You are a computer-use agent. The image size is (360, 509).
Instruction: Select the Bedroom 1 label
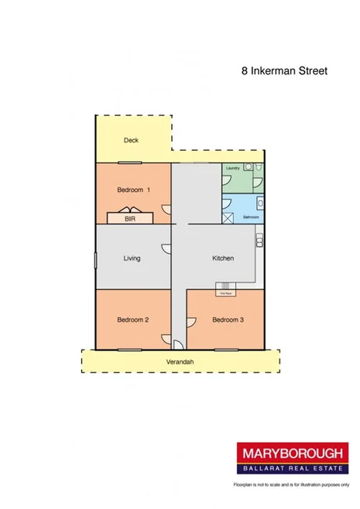click(133, 190)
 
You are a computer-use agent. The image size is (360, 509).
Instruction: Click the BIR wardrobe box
click(129, 218)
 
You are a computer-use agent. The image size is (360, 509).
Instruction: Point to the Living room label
click(132, 258)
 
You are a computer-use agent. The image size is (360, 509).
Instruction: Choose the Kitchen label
click(223, 258)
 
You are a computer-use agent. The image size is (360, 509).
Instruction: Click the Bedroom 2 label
click(132, 319)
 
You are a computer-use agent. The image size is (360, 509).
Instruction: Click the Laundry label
click(231, 168)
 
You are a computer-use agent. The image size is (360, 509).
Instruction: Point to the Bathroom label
click(250, 217)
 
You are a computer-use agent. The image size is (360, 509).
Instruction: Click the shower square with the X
click(229, 217)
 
